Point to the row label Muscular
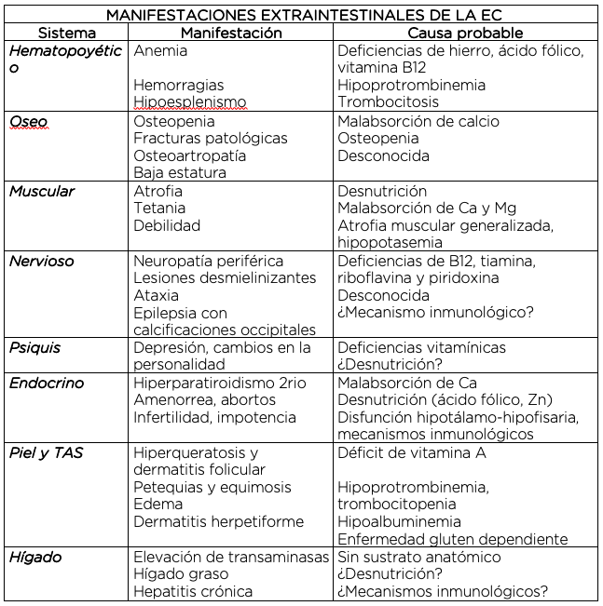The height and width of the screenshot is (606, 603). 42,191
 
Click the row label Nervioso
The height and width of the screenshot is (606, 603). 42,261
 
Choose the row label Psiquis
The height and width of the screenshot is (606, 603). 35,347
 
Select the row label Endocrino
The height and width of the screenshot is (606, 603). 47,383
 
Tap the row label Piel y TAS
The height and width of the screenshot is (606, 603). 47,452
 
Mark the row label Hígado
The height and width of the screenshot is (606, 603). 35,557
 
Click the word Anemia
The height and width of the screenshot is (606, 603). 160,50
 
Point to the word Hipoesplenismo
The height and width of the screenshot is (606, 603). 190,102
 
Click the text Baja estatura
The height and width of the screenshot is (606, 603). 180,172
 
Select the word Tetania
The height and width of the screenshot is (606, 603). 159,208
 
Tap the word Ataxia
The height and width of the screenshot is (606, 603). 156,295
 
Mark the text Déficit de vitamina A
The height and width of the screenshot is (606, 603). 411,452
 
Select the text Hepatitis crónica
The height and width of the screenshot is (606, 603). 193,591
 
